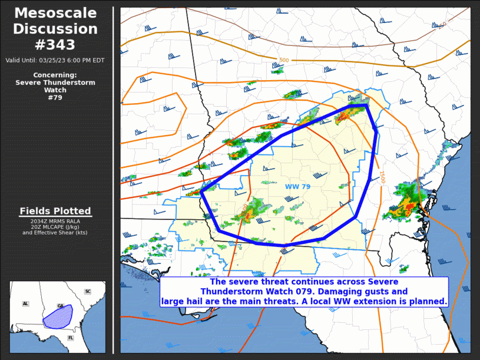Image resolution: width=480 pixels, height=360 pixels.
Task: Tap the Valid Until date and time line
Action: pyautogui.click(x=55, y=60)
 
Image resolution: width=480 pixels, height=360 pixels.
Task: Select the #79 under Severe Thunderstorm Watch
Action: pyautogui.click(x=55, y=98)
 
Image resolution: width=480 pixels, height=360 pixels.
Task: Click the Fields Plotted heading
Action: pyautogui.click(x=55, y=211)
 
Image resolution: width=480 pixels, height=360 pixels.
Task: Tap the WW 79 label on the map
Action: pyautogui.click(x=297, y=187)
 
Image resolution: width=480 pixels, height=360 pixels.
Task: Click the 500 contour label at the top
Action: pyautogui.click(x=284, y=60)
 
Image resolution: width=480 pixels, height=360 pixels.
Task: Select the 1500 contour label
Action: pyautogui.click(x=382, y=177)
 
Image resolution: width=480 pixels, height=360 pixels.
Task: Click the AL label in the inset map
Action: pyautogui.click(x=25, y=304)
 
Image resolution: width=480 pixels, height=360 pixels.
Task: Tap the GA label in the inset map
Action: pyautogui.click(x=61, y=306)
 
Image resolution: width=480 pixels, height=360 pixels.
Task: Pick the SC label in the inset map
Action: pyautogui.click(x=88, y=292)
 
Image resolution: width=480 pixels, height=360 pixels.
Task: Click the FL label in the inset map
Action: pyautogui.click(x=71, y=338)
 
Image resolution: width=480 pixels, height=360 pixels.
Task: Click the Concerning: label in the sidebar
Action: pyautogui.click(x=55, y=75)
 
